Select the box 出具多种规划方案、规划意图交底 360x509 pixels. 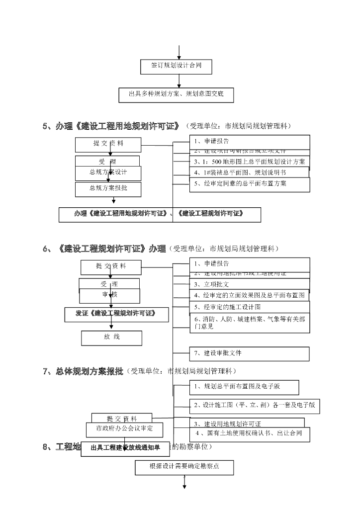[177, 94]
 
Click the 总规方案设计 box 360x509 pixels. [108, 173]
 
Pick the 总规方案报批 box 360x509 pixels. [108, 188]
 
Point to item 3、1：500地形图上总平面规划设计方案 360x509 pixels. [249, 162]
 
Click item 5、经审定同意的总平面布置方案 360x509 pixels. [249, 184]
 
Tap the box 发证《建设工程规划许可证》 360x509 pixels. [116, 314]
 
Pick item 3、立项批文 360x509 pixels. [249, 284]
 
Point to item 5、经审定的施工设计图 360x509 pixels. [249, 307]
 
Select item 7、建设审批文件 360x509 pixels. [249, 353]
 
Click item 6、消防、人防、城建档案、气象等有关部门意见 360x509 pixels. [249, 323]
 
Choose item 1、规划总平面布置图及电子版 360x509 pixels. [244, 387]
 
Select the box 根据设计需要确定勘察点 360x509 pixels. [184, 467]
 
